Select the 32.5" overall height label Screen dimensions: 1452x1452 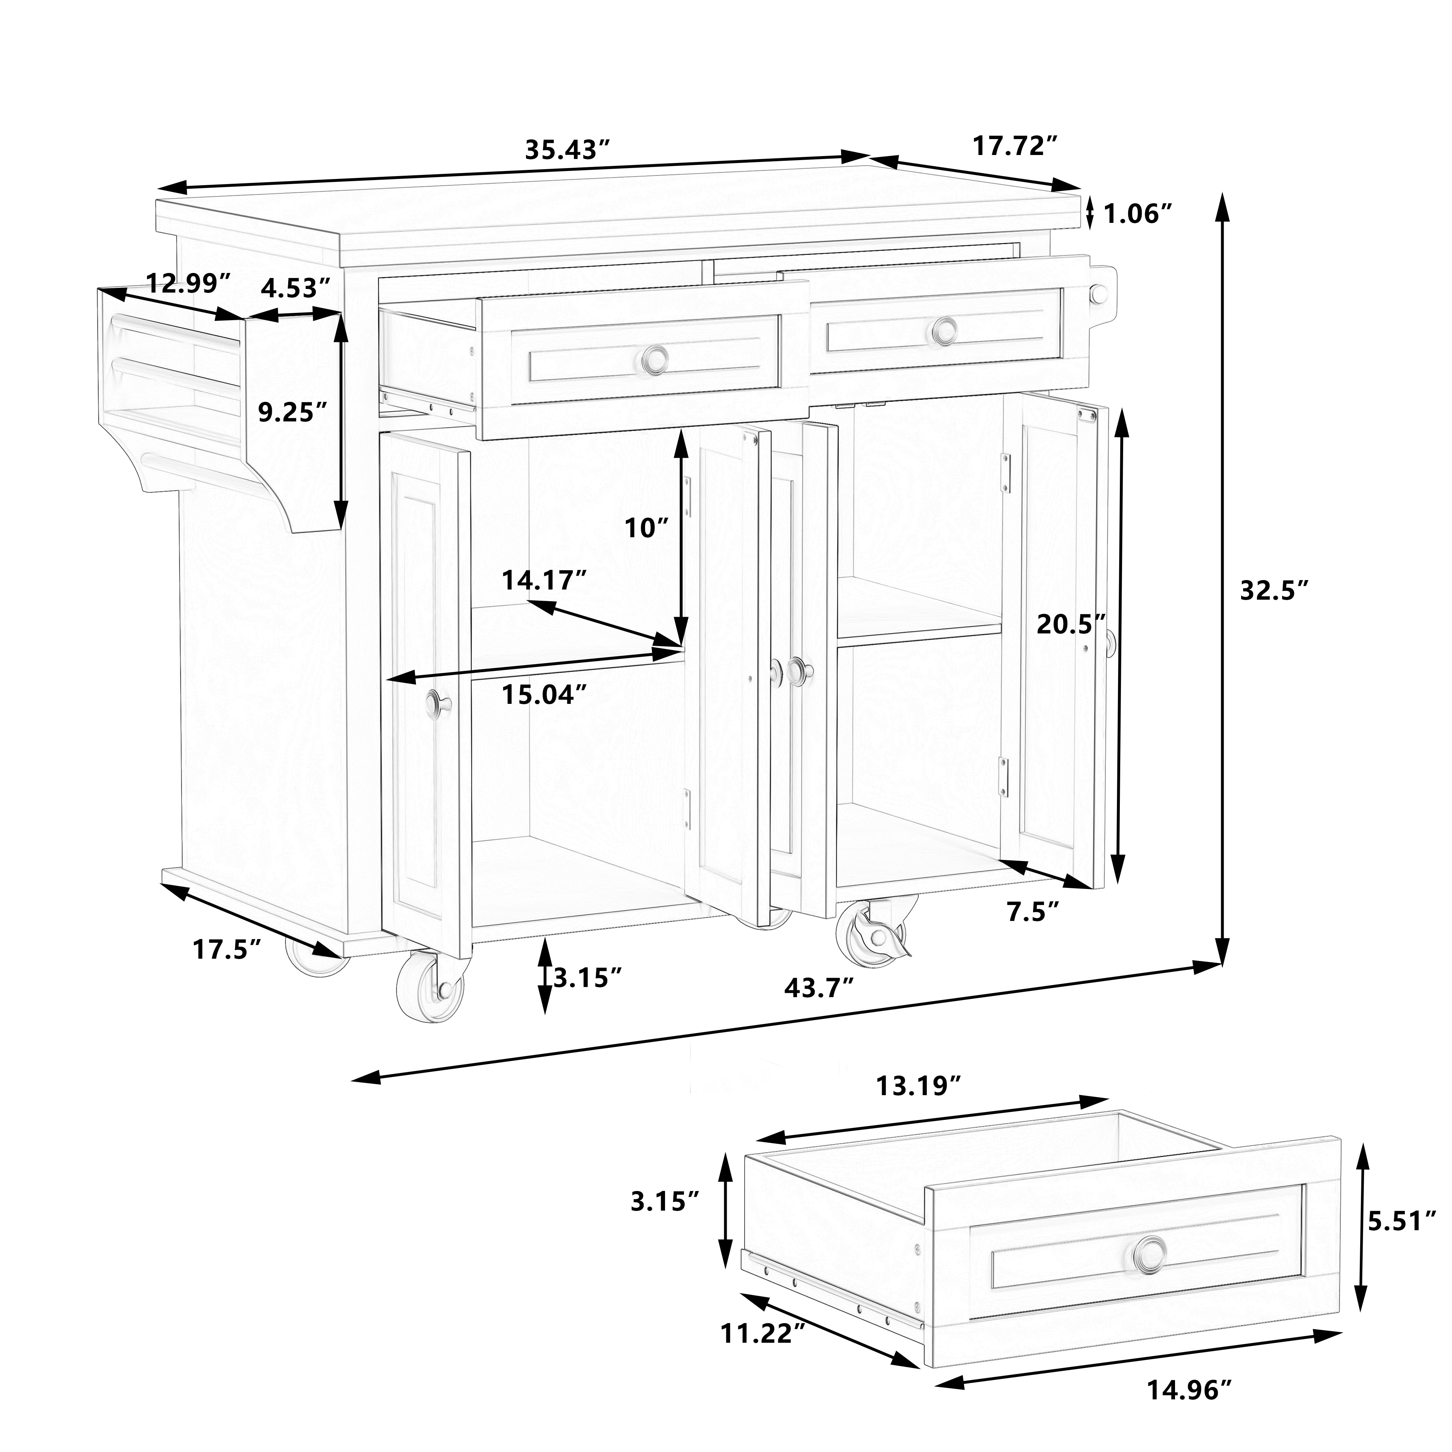pos(1275,591)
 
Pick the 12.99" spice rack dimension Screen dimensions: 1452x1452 pos(187,284)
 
